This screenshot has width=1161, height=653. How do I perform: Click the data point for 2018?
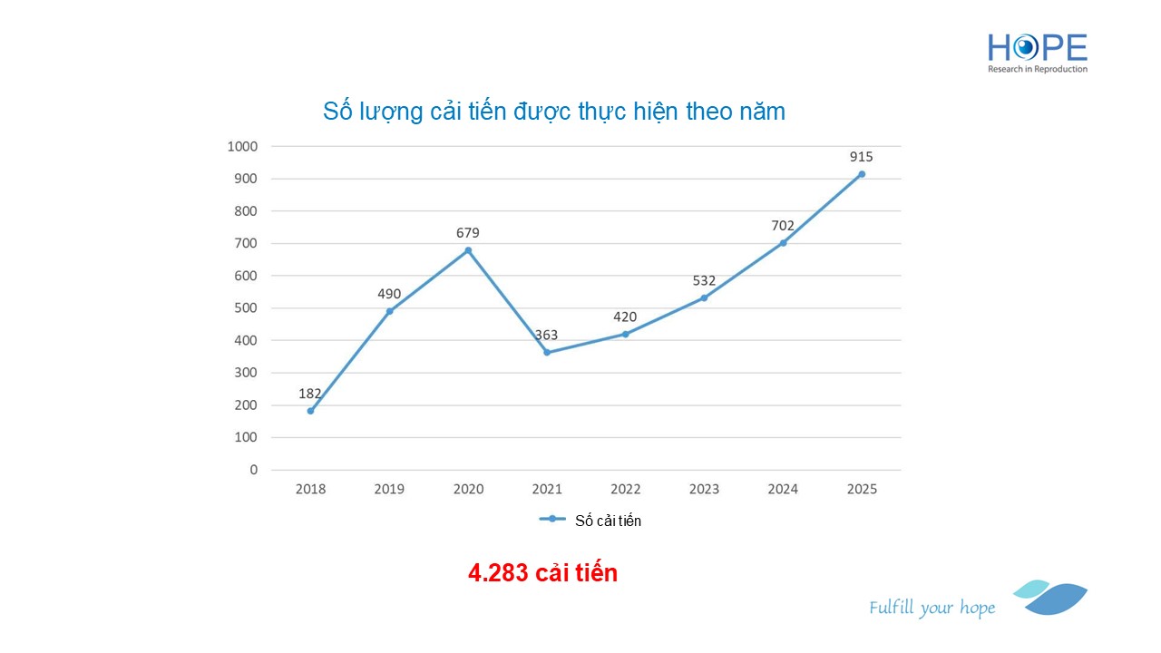[x=310, y=411]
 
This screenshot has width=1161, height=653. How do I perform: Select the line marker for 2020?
[x=468, y=250]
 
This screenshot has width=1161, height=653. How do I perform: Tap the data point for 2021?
[x=547, y=352]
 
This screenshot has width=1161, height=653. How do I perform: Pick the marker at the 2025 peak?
[x=862, y=174]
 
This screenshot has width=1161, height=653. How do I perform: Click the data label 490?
[x=389, y=294]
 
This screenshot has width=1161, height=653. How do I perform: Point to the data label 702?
[x=783, y=226]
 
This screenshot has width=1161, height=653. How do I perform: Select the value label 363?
[x=546, y=335]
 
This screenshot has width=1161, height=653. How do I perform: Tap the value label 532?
[x=704, y=280]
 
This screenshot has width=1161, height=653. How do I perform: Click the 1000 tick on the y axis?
[x=242, y=146]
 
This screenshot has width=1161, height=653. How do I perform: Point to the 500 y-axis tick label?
[x=246, y=308]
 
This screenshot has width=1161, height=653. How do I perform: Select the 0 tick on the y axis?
[x=253, y=470]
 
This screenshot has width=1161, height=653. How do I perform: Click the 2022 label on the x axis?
[x=625, y=490]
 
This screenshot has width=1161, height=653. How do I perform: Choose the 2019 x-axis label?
[x=389, y=490]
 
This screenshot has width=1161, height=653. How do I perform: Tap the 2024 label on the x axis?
[x=783, y=490]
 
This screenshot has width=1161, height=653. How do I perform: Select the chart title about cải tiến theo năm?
[x=553, y=112]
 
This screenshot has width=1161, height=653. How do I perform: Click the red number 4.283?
[x=498, y=573]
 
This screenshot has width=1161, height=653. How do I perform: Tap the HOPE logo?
[x=1037, y=53]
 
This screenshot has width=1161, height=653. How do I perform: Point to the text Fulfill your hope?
[x=932, y=608]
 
